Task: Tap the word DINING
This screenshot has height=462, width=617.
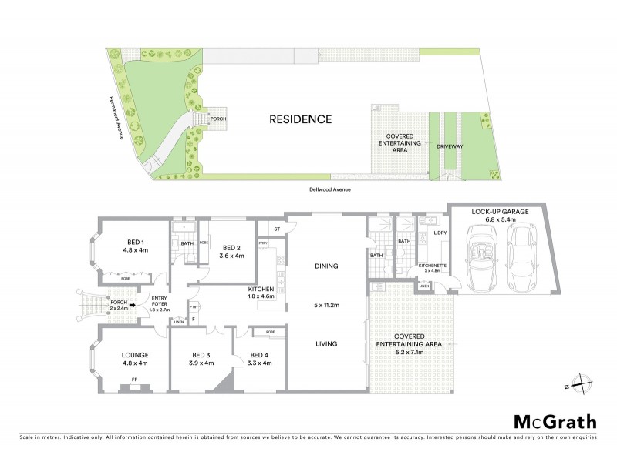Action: (328, 266)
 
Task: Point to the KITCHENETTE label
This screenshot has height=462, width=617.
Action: (430, 266)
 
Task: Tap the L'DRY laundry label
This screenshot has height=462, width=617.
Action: (440, 233)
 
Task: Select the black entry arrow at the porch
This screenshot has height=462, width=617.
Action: (133, 305)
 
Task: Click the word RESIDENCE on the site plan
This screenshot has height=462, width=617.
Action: (300, 119)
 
